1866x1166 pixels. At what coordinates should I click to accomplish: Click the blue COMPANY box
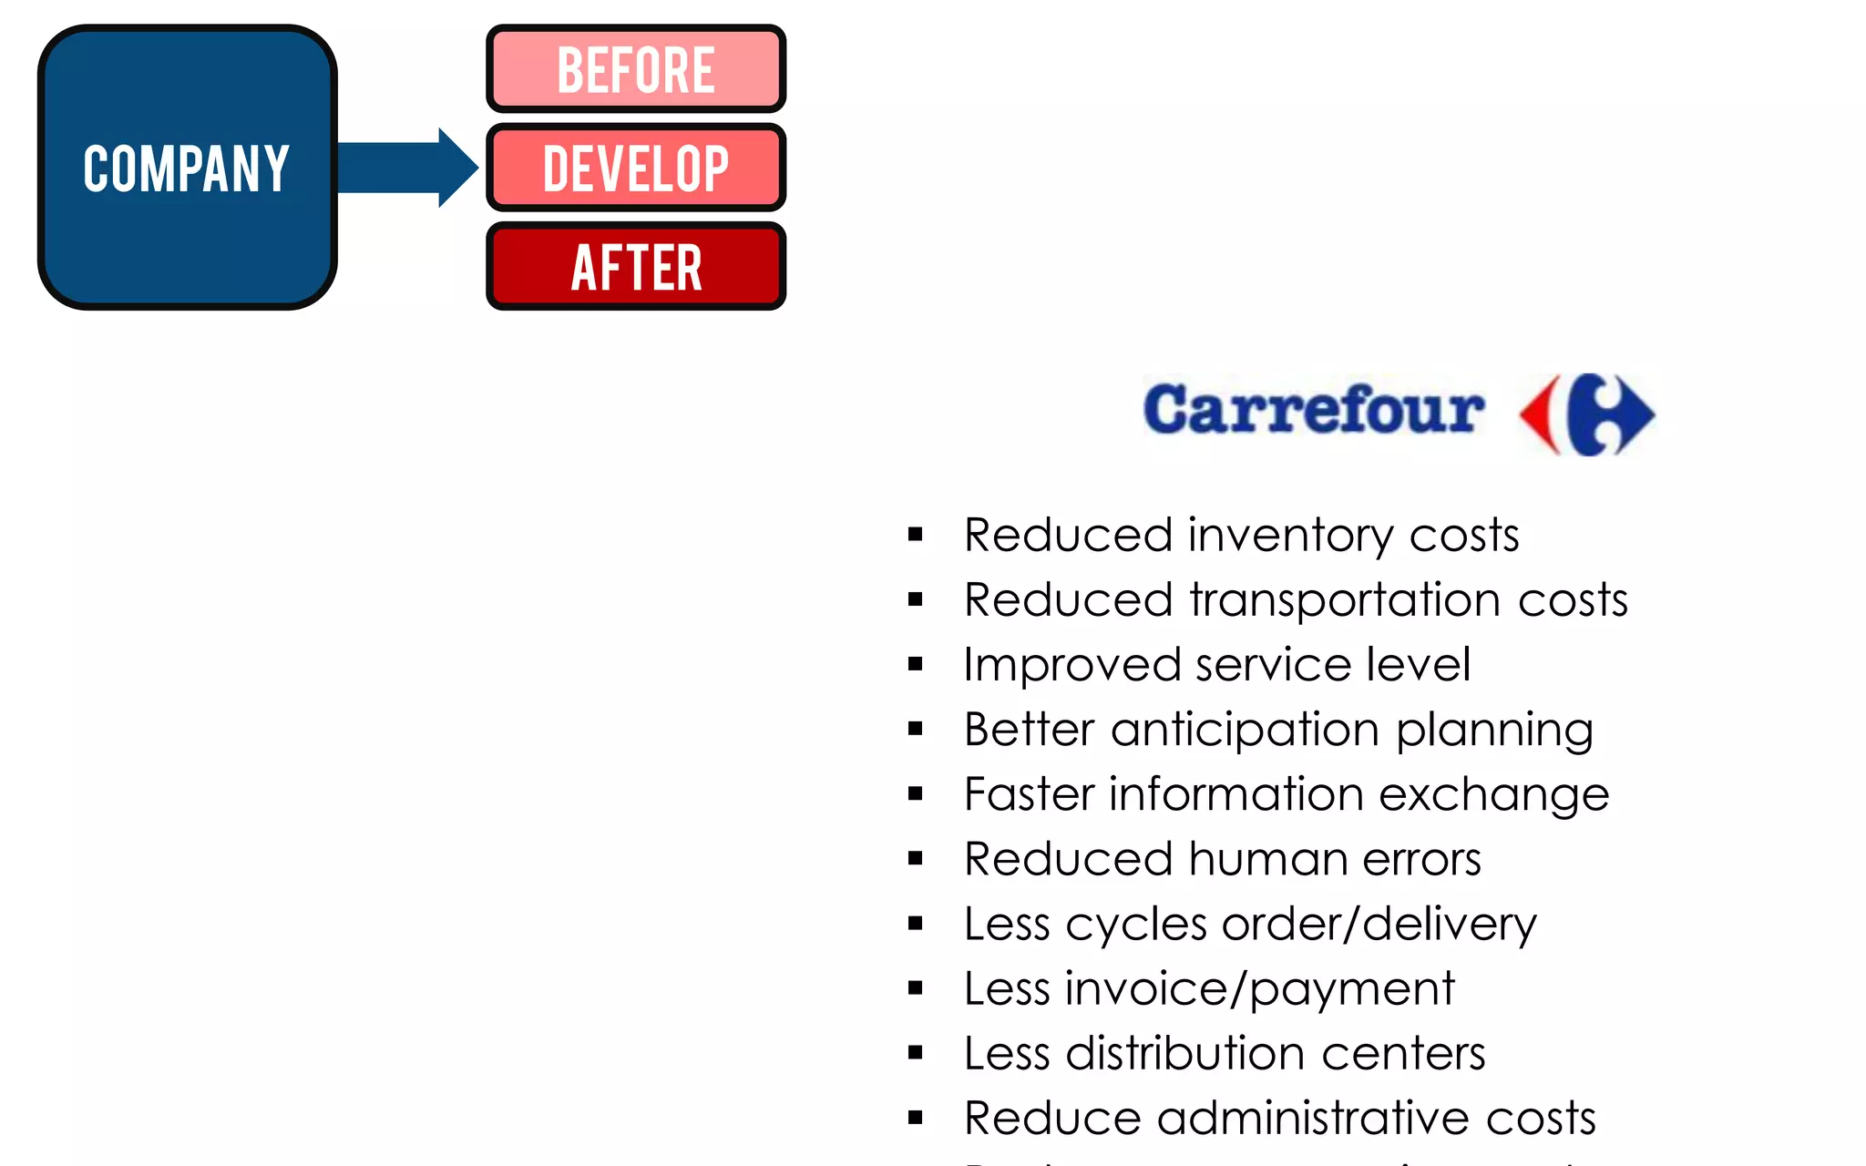pyautogui.click(x=187, y=168)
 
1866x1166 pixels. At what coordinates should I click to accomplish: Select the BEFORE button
pyautogui.click(x=636, y=69)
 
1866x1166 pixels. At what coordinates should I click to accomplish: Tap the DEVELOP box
pyautogui.click(x=636, y=168)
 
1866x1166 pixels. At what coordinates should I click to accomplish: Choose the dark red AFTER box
pyautogui.click(x=636, y=266)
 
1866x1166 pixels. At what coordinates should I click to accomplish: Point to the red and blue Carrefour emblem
pyautogui.click(x=1587, y=414)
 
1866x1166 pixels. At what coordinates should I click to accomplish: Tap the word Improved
pyautogui.click(x=1071, y=665)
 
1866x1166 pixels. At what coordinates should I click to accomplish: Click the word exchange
pyautogui.click(x=1494, y=795)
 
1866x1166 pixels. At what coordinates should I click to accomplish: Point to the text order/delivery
pyautogui.click(x=1379, y=925)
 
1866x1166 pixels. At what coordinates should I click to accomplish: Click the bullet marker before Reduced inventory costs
pyautogui.click(x=916, y=535)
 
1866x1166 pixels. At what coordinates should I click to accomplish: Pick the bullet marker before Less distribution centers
pyautogui.click(x=916, y=1054)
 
